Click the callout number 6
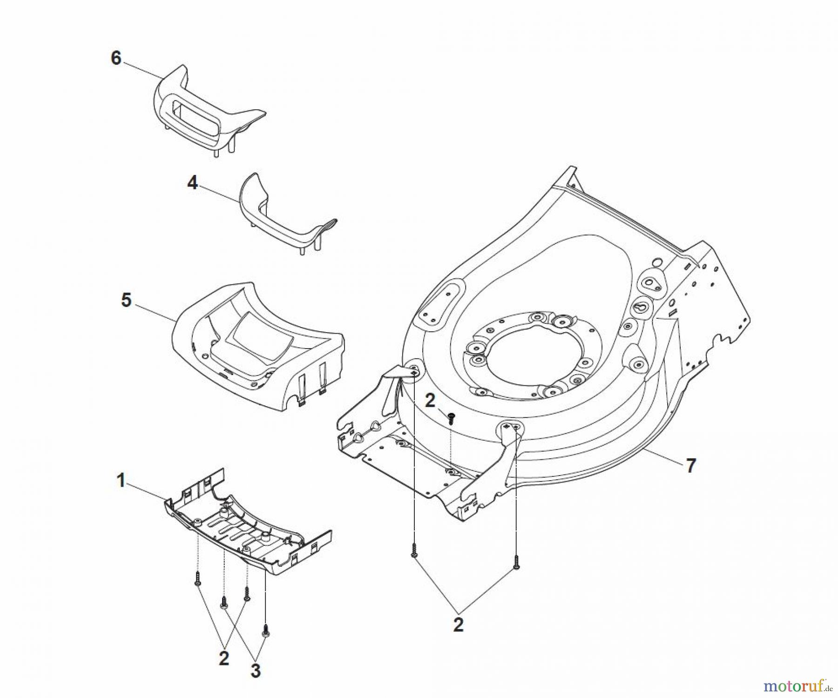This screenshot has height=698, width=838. click(x=115, y=59)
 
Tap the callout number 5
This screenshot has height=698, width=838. click(x=126, y=300)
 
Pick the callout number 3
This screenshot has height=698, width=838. click(x=255, y=671)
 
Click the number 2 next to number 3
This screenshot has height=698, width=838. click(x=224, y=658)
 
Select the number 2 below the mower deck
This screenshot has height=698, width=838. click(x=458, y=625)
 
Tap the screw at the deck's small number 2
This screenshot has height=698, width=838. click(x=451, y=418)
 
